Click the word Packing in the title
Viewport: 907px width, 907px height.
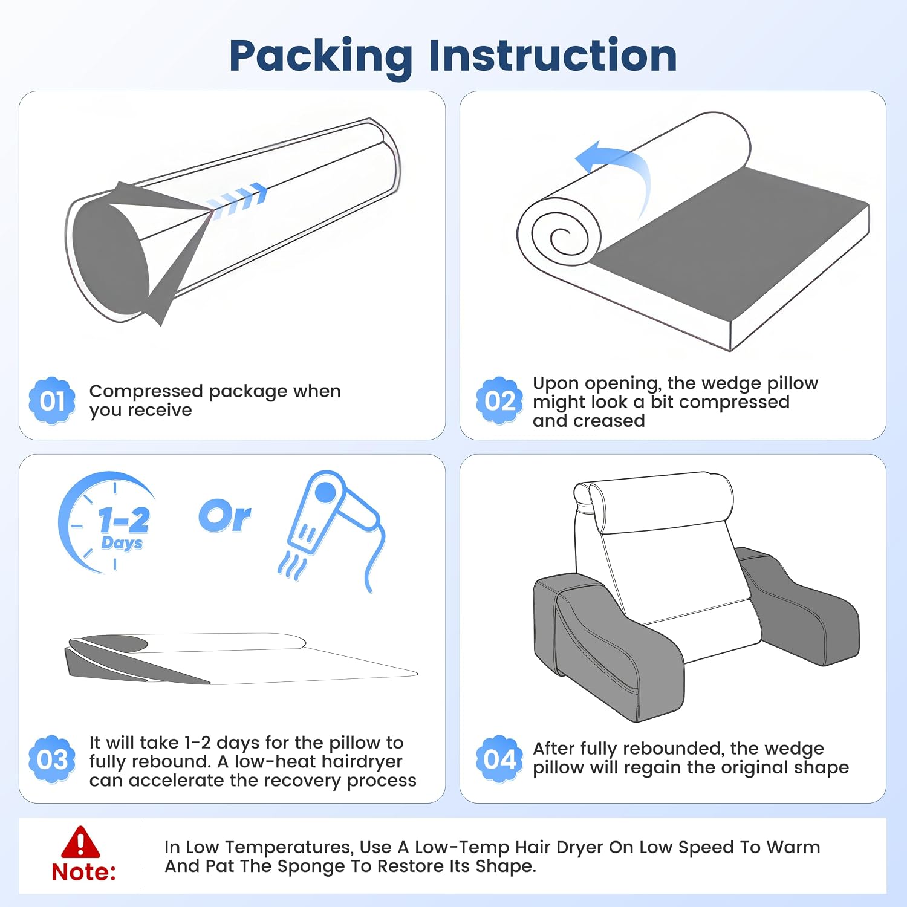point(321,57)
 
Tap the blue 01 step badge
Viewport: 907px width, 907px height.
point(53,400)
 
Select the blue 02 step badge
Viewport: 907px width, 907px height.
point(499,400)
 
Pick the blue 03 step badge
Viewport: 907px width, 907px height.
point(53,759)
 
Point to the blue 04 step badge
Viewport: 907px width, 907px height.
point(499,759)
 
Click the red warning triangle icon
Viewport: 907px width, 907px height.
point(80,842)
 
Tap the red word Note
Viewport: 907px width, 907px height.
point(83,872)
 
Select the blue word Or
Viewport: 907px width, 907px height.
point(224,517)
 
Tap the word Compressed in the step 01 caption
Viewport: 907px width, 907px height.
point(146,391)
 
